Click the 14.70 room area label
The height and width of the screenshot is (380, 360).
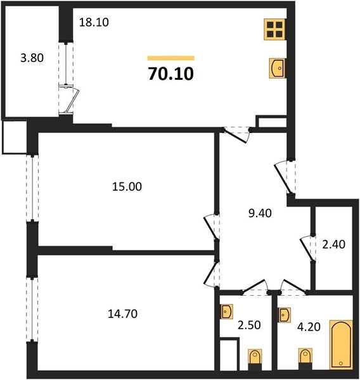pyautogui.click(x=122, y=313)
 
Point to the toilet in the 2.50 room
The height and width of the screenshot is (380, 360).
pyautogui.click(x=254, y=358)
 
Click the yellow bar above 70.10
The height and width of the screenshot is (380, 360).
pyautogui.click(x=170, y=58)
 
